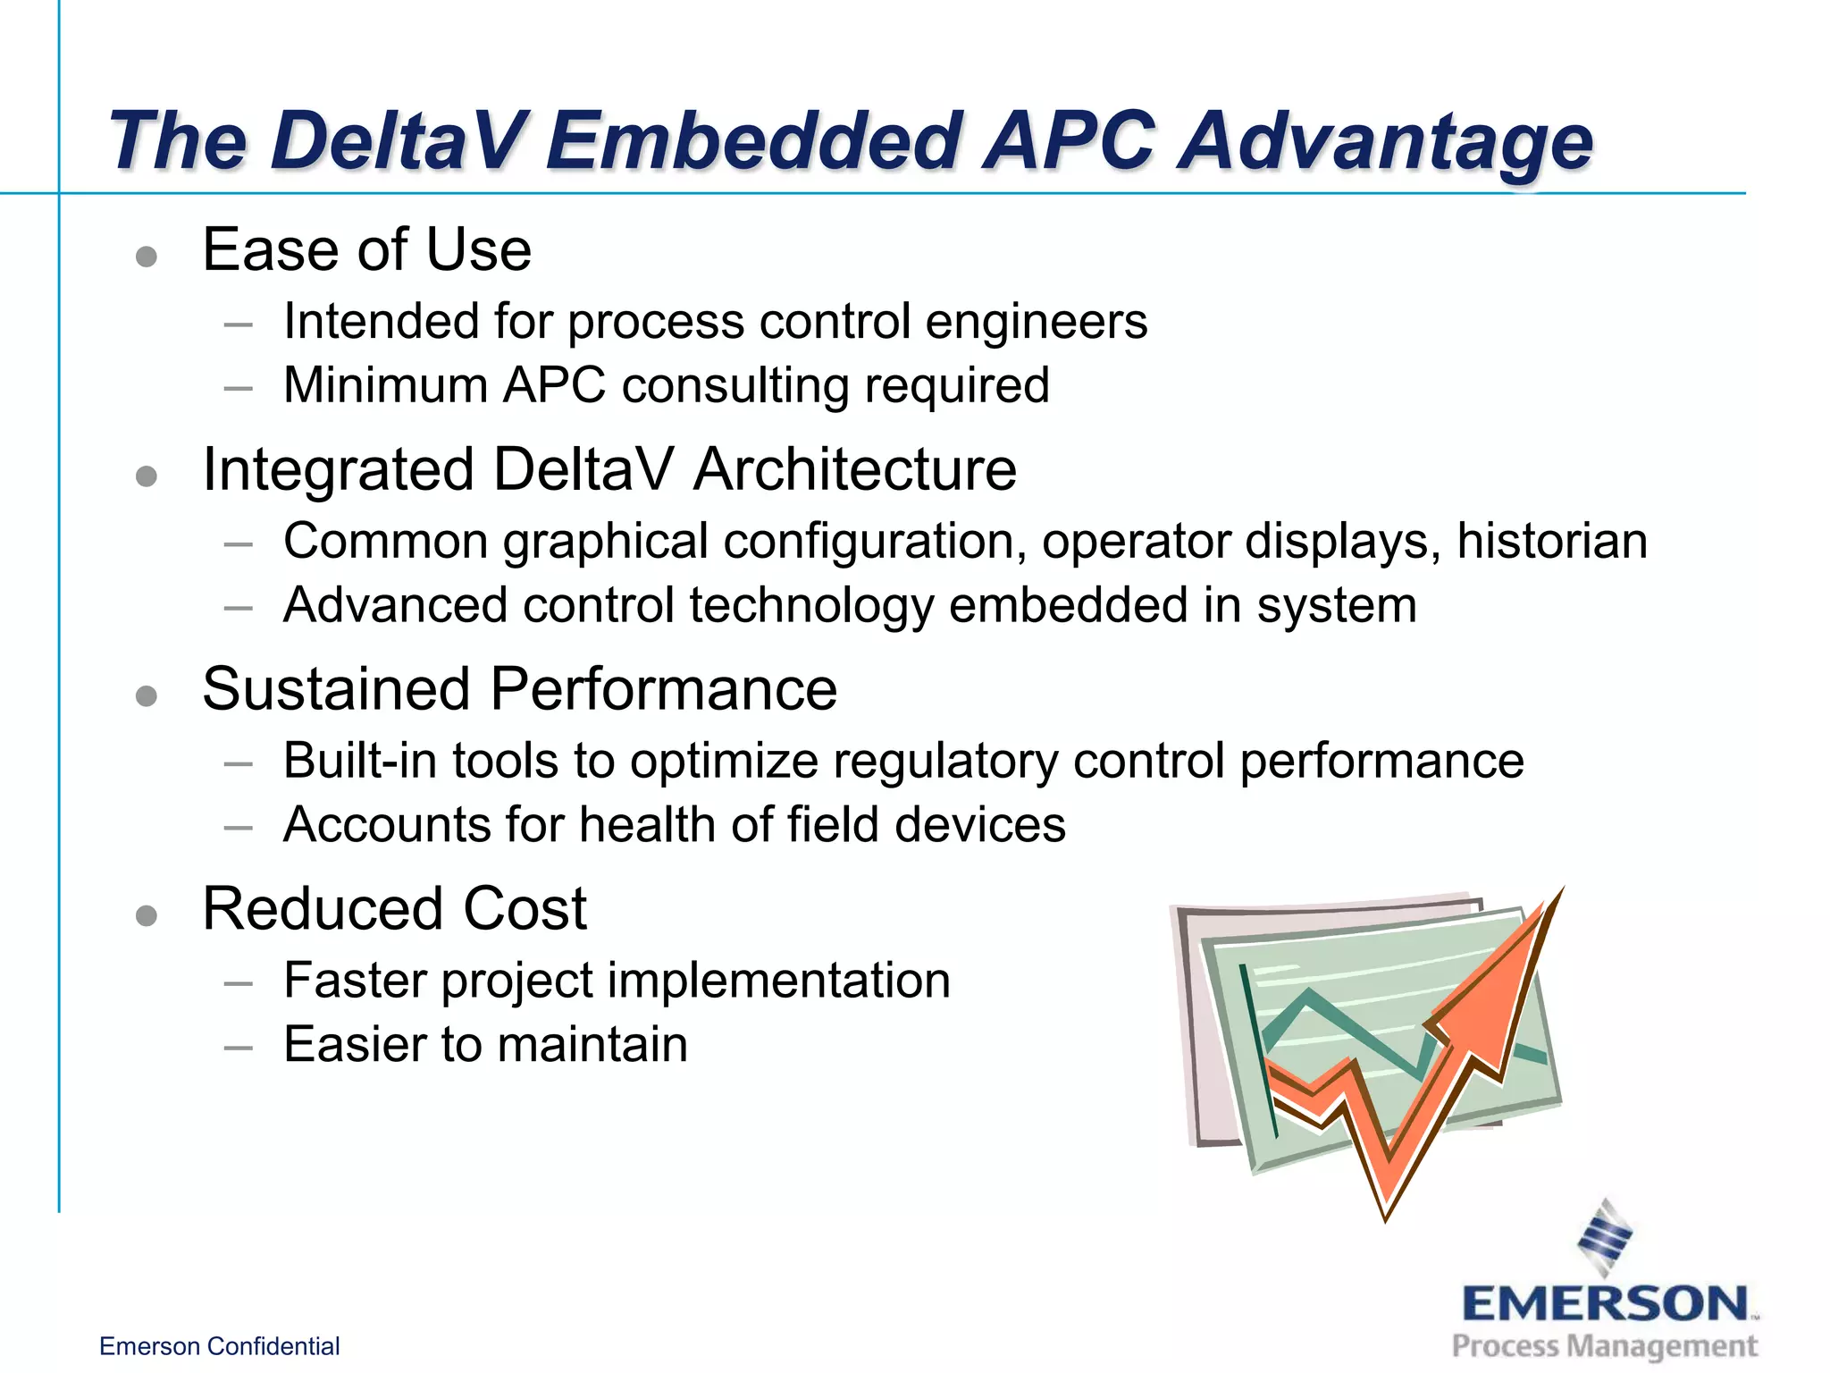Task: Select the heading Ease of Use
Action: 366,249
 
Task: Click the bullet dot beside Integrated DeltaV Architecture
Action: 147,476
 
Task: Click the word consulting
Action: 735,386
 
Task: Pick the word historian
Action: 1552,542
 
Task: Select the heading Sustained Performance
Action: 519,689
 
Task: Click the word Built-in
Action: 359,762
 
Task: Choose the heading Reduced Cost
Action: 394,909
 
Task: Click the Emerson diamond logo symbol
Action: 1605,1238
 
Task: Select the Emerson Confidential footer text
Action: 219,1346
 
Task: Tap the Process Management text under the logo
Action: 1604,1346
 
